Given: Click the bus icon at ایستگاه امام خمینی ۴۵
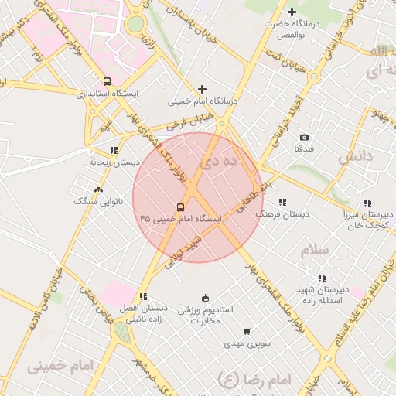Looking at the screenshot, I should pos(180,207).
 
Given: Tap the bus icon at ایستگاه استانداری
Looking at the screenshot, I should pos(106,81).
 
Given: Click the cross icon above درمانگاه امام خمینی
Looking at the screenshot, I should pos(203,90).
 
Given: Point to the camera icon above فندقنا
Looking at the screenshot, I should pos(303,137).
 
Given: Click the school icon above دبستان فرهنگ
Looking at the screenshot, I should pos(282,201).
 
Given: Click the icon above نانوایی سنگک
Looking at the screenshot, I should pos(97,189).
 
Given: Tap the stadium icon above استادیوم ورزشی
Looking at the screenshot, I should pos(205,298).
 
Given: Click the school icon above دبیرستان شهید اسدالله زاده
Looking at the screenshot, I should pos(321,278).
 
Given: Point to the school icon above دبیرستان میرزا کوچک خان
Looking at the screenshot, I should pos(367,202).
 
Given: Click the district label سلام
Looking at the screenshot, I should pos(316,250).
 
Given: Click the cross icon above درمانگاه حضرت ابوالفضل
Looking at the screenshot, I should pos(292,12).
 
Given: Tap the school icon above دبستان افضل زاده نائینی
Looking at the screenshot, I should pos(142,296).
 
